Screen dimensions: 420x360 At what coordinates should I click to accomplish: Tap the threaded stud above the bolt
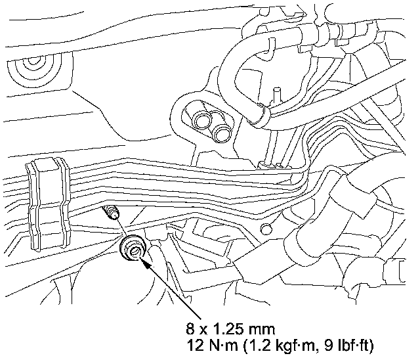click(111, 212)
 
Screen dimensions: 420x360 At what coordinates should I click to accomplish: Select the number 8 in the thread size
click(190, 329)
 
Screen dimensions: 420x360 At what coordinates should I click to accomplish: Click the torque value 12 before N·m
click(195, 346)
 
